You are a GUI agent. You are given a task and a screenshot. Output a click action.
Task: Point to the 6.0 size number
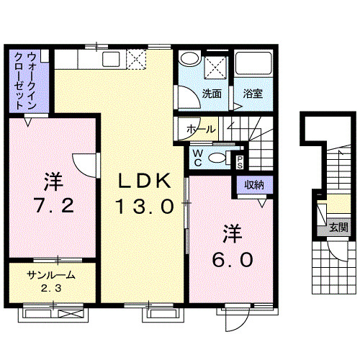pyautogui.click(x=232, y=258)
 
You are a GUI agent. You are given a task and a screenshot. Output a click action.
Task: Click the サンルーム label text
pyautogui.click(x=51, y=275)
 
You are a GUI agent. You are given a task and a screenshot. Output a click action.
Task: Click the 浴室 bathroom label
pyautogui.click(x=252, y=94)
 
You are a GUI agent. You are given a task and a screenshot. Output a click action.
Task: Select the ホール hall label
pyautogui.click(x=200, y=130)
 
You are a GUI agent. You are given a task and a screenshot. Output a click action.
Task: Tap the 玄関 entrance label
pyautogui.click(x=338, y=228)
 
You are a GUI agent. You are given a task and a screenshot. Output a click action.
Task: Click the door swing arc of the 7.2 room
pyautogui.click(x=82, y=164)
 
